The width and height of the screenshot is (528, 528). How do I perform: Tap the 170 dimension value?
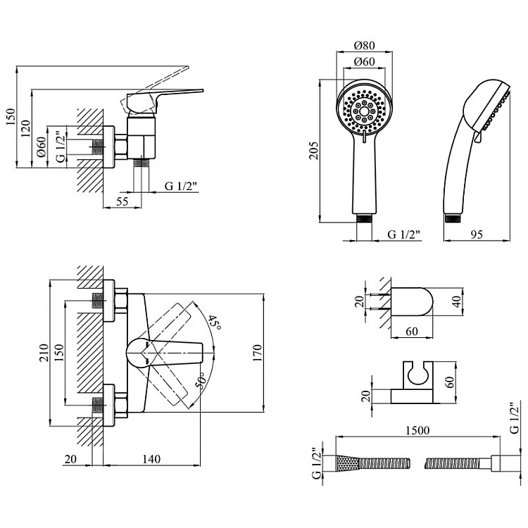[x=256, y=350]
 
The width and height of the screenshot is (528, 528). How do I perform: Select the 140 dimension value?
[x=151, y=459]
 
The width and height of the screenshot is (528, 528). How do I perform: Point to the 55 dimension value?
[x=121, y=201]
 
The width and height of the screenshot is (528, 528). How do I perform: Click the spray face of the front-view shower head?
[x=363, y=110]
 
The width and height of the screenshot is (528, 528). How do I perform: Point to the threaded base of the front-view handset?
[x=363, y=217]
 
